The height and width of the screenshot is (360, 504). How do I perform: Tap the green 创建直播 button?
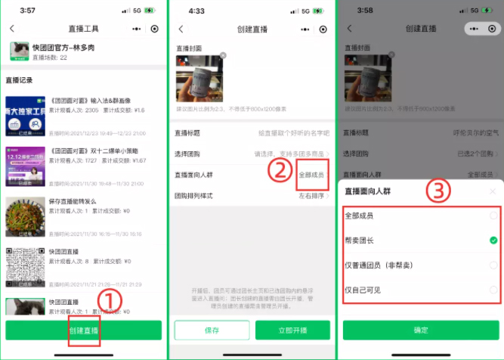(x=84, y=331)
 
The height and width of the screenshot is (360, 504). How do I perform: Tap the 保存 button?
(x=212, y=331)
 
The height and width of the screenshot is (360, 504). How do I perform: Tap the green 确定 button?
(x=421, y=331)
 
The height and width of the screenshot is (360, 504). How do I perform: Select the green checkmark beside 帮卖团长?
(x=493, y=241)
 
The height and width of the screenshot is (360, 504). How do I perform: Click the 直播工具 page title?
(x=84, y=29)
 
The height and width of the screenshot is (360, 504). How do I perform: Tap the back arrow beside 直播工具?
(x=12, y=29)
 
